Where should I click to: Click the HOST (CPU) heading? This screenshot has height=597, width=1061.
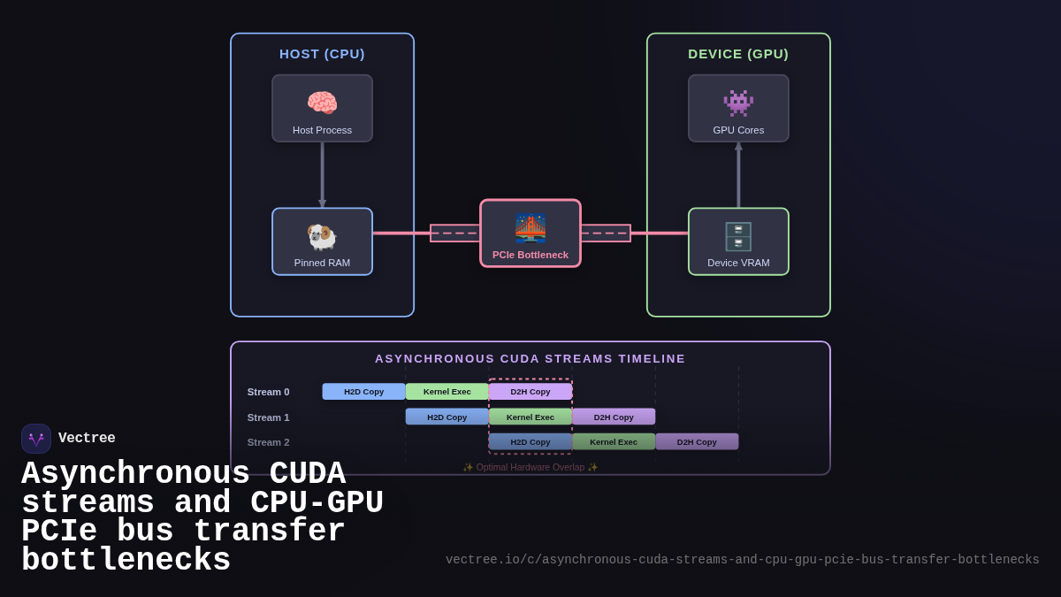pyautogui.click(x=322, y=54)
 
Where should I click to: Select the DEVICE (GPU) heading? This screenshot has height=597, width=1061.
pyautogui.click(x=738, y=54)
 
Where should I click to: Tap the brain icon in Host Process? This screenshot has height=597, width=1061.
pyautogui.click(x=322, y=103)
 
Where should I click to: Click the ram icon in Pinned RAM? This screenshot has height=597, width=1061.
pyautogui.click(x=322, y=236)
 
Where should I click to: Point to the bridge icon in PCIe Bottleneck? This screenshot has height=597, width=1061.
pyautogui.click(x=530, y=228)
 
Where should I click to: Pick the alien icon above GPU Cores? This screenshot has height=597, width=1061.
pyautogui.click(x=738, y=103)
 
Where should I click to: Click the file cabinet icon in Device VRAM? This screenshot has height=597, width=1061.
pyautogui.click(x=738, y=236)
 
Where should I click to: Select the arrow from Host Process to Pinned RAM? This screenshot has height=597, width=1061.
pyautogui.click(x=322, y=175)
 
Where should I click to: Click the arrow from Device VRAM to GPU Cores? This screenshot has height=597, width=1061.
pyautogui.click(x=738, y=175)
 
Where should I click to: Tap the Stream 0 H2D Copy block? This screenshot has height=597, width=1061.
pyautogui.click(x=363, y=392)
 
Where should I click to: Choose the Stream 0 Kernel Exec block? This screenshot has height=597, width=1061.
pyautogui.click(x=447, y=392)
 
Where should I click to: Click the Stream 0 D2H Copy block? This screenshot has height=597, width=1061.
pyautogui.click(x=530, y=392)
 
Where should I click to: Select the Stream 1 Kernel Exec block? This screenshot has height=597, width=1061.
pyautogui.click(x=530, y=417)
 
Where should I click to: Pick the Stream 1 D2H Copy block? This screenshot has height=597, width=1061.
pyautogui.click(x=614, y=417)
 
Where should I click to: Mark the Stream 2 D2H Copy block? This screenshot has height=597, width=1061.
pyautogui.click(x=697, y=441)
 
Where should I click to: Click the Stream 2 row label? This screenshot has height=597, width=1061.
pyautogui.click(x=268, y=442)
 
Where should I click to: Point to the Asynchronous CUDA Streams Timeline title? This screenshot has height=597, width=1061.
pyautogui.click(x=530, y=359)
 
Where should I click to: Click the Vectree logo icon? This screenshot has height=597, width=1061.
pyautogui.click(x=36, y=439)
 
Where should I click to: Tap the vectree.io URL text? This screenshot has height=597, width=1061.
pyautogui.click(x=742, y=560)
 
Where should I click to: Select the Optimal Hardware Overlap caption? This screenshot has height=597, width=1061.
pyautogui.click(x=530, y=467)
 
